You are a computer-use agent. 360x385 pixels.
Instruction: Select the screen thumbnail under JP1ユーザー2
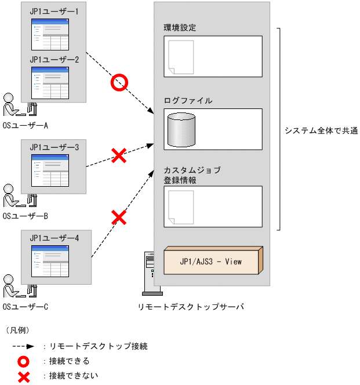click(x=50, y=83)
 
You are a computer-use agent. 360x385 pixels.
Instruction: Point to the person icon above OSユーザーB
click(x=12, y=197)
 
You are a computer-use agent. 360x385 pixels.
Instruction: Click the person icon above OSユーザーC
click(x=12, y=288)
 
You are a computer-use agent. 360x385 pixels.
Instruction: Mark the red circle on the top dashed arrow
click(x=119, y=83)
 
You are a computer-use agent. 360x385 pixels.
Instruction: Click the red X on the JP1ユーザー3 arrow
click(x=119, y=155)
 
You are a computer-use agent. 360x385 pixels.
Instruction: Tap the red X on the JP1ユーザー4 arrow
click(x=119, y=217)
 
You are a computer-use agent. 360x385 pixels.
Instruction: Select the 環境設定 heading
click(x=180, y=28)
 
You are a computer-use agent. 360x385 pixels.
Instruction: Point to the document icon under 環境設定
click(x=181, y=57)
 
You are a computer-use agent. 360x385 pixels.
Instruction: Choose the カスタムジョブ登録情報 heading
click(x=184, y=175)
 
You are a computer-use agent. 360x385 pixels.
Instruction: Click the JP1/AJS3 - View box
click(x=213, y=261)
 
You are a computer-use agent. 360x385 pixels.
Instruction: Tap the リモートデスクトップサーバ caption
click(x=191, y=307)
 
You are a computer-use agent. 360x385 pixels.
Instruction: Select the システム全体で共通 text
click(x=321, y=131)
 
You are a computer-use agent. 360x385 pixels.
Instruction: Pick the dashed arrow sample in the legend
click(x=24, y=346)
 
